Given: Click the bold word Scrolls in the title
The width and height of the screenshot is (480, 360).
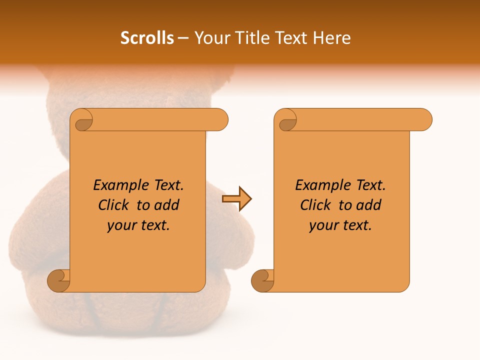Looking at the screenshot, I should (x=147, y=38).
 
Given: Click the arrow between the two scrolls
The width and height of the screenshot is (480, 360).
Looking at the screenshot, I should (x=236, y=199).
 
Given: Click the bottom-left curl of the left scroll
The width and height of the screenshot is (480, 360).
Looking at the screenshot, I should (x=59, y=280).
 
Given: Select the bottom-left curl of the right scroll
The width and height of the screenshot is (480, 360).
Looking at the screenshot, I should (x=262, y=280).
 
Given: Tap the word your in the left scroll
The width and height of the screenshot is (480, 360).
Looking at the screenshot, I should (x=120, y=225).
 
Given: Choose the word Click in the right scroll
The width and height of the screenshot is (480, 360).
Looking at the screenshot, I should (x=315, y=205).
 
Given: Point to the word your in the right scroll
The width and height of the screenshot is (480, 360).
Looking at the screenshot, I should (x=322, y=225).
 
